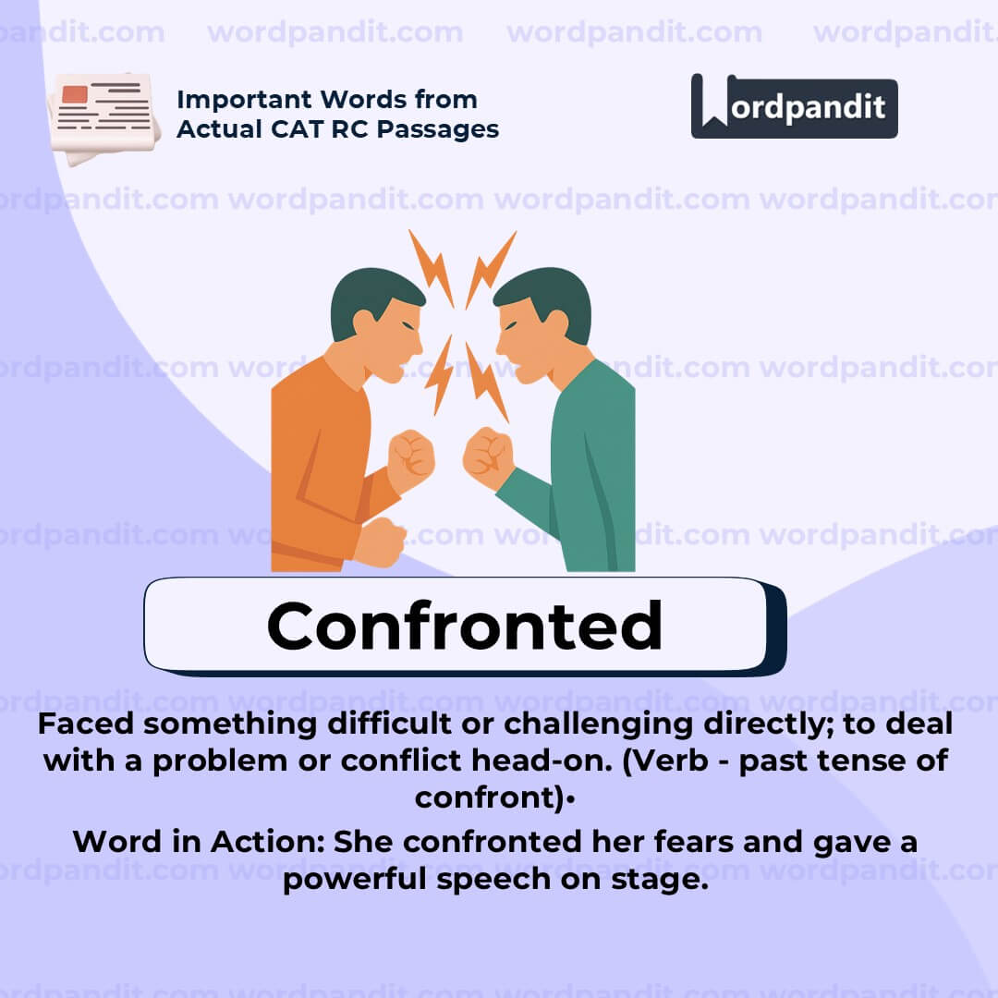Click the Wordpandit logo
click(794, 106)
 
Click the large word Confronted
click(464, 626)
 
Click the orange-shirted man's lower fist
click(379, 542)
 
